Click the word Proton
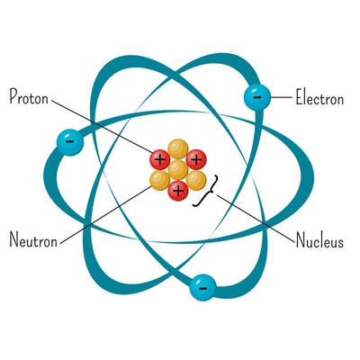[29, 96]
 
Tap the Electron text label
[319, 97]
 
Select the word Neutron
[33, 239]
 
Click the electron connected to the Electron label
[257, 97]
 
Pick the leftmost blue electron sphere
[70, 142]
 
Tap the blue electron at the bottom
[202, 288]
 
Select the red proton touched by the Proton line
[160, 159]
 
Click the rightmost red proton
[196, 159]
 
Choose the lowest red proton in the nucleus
[178, 191]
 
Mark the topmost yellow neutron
[178, 149]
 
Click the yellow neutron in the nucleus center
[178, 170]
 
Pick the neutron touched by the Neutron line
[160, 180]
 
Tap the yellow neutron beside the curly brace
[196, 180]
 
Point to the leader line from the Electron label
[282, 97]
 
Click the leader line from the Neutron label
[106, 214]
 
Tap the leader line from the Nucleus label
[256, 218]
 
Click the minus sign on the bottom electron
[202, 289]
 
